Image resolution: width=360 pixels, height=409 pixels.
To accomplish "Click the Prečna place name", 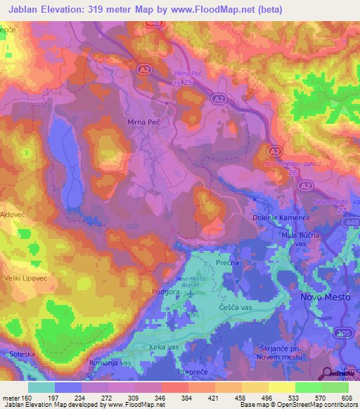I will (x=227, y=263).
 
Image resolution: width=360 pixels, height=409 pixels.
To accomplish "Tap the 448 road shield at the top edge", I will (x=155, y=23).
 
